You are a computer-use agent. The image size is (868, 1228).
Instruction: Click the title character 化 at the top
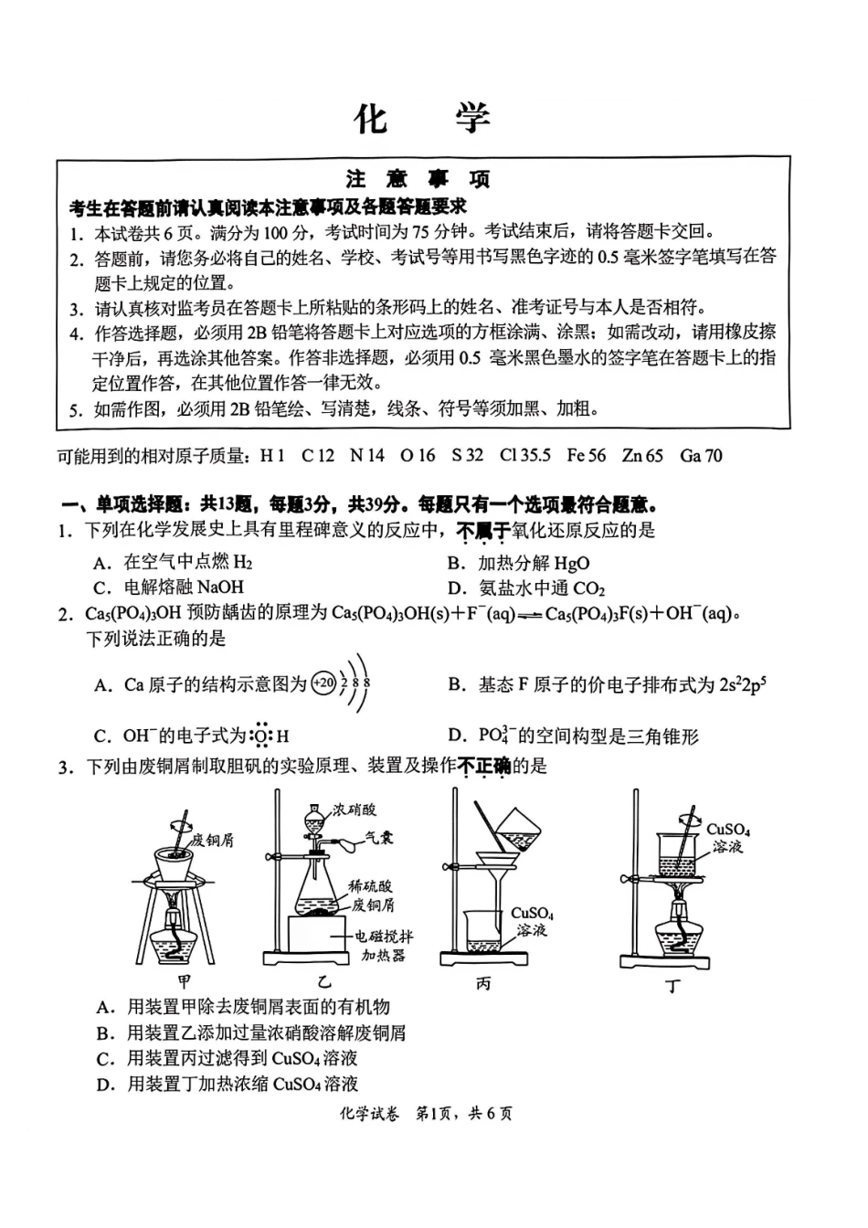click(x=371, y=119)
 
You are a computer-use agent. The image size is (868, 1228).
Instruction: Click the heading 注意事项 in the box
click(x=419, y=178)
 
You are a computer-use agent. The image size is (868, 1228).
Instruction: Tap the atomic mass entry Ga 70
click(x=701, y=455)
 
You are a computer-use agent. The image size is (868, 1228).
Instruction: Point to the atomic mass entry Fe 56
click(x=586, y=455)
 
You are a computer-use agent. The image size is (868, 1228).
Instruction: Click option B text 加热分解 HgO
click(x=533, y=563)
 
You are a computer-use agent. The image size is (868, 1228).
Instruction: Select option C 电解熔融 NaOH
click(x=183, y=588)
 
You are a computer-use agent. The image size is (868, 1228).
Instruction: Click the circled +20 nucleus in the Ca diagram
click(x=323, y=683)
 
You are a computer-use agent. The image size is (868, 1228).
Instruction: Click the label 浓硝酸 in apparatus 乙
click(x=355, y=809)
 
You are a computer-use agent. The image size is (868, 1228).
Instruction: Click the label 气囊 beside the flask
click(x=379, y=836)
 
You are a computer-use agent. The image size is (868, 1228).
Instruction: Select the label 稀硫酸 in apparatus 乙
click(x=371, y=885)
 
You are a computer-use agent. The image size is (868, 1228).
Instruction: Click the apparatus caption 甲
click(x=185, y=983)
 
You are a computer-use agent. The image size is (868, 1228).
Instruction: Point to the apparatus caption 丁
click(x=673, y=985)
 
